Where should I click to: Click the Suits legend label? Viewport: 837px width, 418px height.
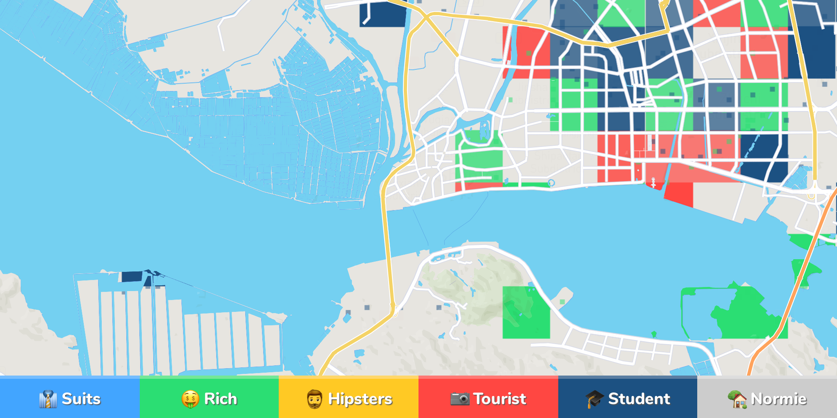(81, 399)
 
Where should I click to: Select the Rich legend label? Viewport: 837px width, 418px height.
(220, 399)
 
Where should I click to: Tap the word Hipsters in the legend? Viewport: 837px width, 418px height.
(360, 399)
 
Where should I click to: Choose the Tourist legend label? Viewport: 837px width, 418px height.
(499, 399)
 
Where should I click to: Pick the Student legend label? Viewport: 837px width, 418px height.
(639, 399)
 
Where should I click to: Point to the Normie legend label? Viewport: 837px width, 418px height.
(779, 399)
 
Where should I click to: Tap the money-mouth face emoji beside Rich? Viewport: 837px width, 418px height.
(190, 399)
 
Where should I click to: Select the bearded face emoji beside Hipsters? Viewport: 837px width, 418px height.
(314, 399)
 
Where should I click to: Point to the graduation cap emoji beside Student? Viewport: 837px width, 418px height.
(594, 399)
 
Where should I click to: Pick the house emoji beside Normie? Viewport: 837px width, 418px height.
(737, 399)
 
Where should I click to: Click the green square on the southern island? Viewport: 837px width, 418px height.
(526, 312)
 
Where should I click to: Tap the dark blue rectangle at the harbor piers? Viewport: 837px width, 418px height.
(132, 276)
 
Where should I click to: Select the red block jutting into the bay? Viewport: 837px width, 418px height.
(679, 194)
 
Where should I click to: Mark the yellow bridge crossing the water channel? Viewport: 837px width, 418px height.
(385, 229)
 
